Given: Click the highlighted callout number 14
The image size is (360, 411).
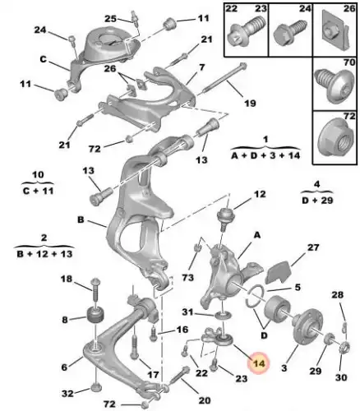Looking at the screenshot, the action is (x=259, y=363).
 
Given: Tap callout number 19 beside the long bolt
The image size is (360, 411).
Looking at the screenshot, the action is (x=250, y=103).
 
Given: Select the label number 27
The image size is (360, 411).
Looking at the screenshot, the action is (x=313, y=247).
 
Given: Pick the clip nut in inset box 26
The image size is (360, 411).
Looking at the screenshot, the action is (x=335, y=30).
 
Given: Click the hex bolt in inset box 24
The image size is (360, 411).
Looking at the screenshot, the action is (x=290, y=32).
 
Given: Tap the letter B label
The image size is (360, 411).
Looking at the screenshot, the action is (x=81, y=219).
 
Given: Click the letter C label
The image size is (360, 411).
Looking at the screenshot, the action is (x=43, y=59).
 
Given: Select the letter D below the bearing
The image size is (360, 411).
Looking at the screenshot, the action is (x=264, y=335).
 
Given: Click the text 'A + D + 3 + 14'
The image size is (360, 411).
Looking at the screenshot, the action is (x=265, y=155).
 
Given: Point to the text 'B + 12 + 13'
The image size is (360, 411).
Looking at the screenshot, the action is (x=44, y=254).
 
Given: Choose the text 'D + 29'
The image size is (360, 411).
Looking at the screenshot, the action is (x=317, y=200).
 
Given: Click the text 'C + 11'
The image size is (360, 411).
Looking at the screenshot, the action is (x=38, y=191).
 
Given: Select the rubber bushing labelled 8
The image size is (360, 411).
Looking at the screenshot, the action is (x=96, y=316).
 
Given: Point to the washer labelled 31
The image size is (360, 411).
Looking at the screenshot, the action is (x=223, y=316).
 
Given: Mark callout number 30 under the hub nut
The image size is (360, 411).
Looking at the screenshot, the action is (x=341, y=377).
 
